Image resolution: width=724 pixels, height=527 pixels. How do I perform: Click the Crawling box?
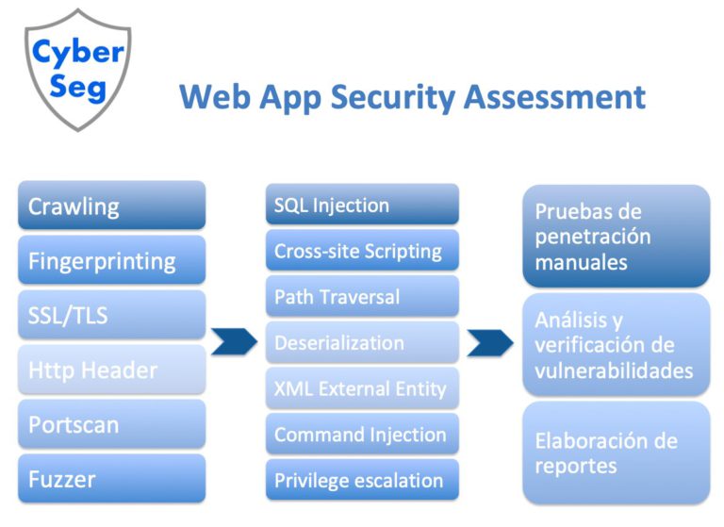111,206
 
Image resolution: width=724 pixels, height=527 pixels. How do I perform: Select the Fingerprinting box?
111,260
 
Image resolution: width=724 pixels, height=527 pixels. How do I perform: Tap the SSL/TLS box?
111,315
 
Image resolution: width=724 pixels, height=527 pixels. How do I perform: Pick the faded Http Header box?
111,370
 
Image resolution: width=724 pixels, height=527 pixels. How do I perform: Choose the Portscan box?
111,424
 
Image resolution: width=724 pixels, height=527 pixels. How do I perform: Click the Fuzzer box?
111,479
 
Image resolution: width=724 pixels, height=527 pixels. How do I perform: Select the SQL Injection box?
362,205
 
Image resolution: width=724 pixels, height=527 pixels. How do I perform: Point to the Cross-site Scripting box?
362,251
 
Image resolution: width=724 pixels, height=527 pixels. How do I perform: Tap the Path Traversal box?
362,297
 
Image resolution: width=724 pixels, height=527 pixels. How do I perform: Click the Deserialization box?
362,343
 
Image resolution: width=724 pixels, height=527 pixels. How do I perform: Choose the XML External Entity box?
362,388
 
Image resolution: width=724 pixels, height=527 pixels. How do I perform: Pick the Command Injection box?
362,435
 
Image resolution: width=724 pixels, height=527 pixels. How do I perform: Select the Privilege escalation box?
362,481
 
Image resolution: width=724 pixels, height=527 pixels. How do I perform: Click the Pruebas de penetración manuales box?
617,236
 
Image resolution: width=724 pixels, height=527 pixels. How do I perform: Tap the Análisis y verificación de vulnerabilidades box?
617,344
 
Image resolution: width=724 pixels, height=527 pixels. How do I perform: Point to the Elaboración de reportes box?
617,453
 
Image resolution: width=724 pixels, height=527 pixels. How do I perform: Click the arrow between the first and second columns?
234,342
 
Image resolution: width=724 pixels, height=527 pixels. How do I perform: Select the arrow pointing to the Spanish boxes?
490,342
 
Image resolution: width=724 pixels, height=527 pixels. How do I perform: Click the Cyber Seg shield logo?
77,66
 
